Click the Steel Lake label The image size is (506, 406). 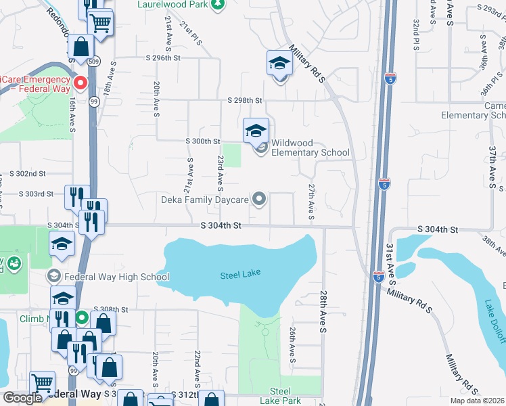tap(240, 275)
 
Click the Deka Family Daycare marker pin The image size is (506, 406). tap(258, 199)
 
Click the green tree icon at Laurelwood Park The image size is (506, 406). tap(217, 5)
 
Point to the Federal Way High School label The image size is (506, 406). tap(116, 277)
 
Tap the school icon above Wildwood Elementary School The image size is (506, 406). tap(256, 130)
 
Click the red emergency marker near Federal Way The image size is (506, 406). tap(80, 84)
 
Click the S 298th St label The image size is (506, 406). tap(244, 101)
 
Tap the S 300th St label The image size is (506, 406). tap(203, 141)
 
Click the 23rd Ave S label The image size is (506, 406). tap(220, 172)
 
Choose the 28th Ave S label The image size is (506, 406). tap(324, 312)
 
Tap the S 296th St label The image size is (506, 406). tap(162, 59)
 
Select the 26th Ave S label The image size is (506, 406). tap(293, 344)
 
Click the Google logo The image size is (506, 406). tap(22, 397)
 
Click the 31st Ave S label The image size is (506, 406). tap(391, 261)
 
